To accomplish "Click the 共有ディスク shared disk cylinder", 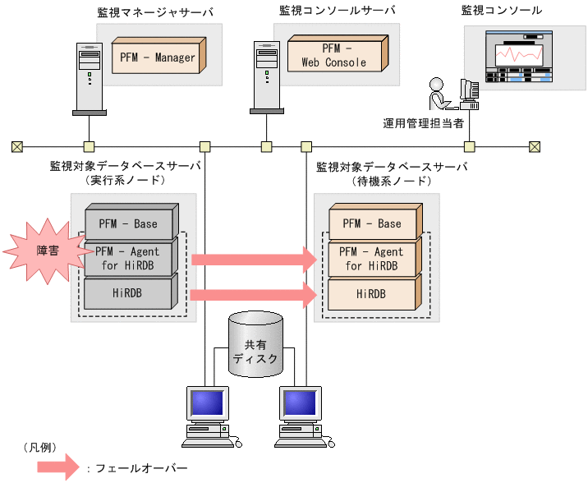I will tap(256, 345).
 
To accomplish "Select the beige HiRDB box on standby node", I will tap(375, 293).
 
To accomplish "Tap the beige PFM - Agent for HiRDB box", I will tap(375, 258).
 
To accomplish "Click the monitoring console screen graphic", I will tap(517, 57).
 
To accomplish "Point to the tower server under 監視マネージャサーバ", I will tap(85, 76).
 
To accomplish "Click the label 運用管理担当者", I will tap(424, 123).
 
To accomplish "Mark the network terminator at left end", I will tap(17, 147).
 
